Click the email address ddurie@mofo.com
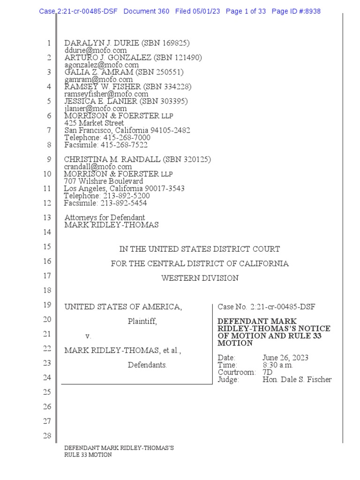click(x=96, y=50)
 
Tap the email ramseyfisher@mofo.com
click(x=106, y=94)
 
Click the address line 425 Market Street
click(x=94, y=123)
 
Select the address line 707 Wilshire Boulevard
click(x=104, y=181)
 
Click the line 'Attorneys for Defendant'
click(x=105, y=217)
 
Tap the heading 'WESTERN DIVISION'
click(x=200, y=278)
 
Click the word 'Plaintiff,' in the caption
click(x=142, y=322)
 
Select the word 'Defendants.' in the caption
click(x=147, y=365)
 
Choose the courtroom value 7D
click(x=268, y=372)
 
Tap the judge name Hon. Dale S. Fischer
click(x=297, y=380)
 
